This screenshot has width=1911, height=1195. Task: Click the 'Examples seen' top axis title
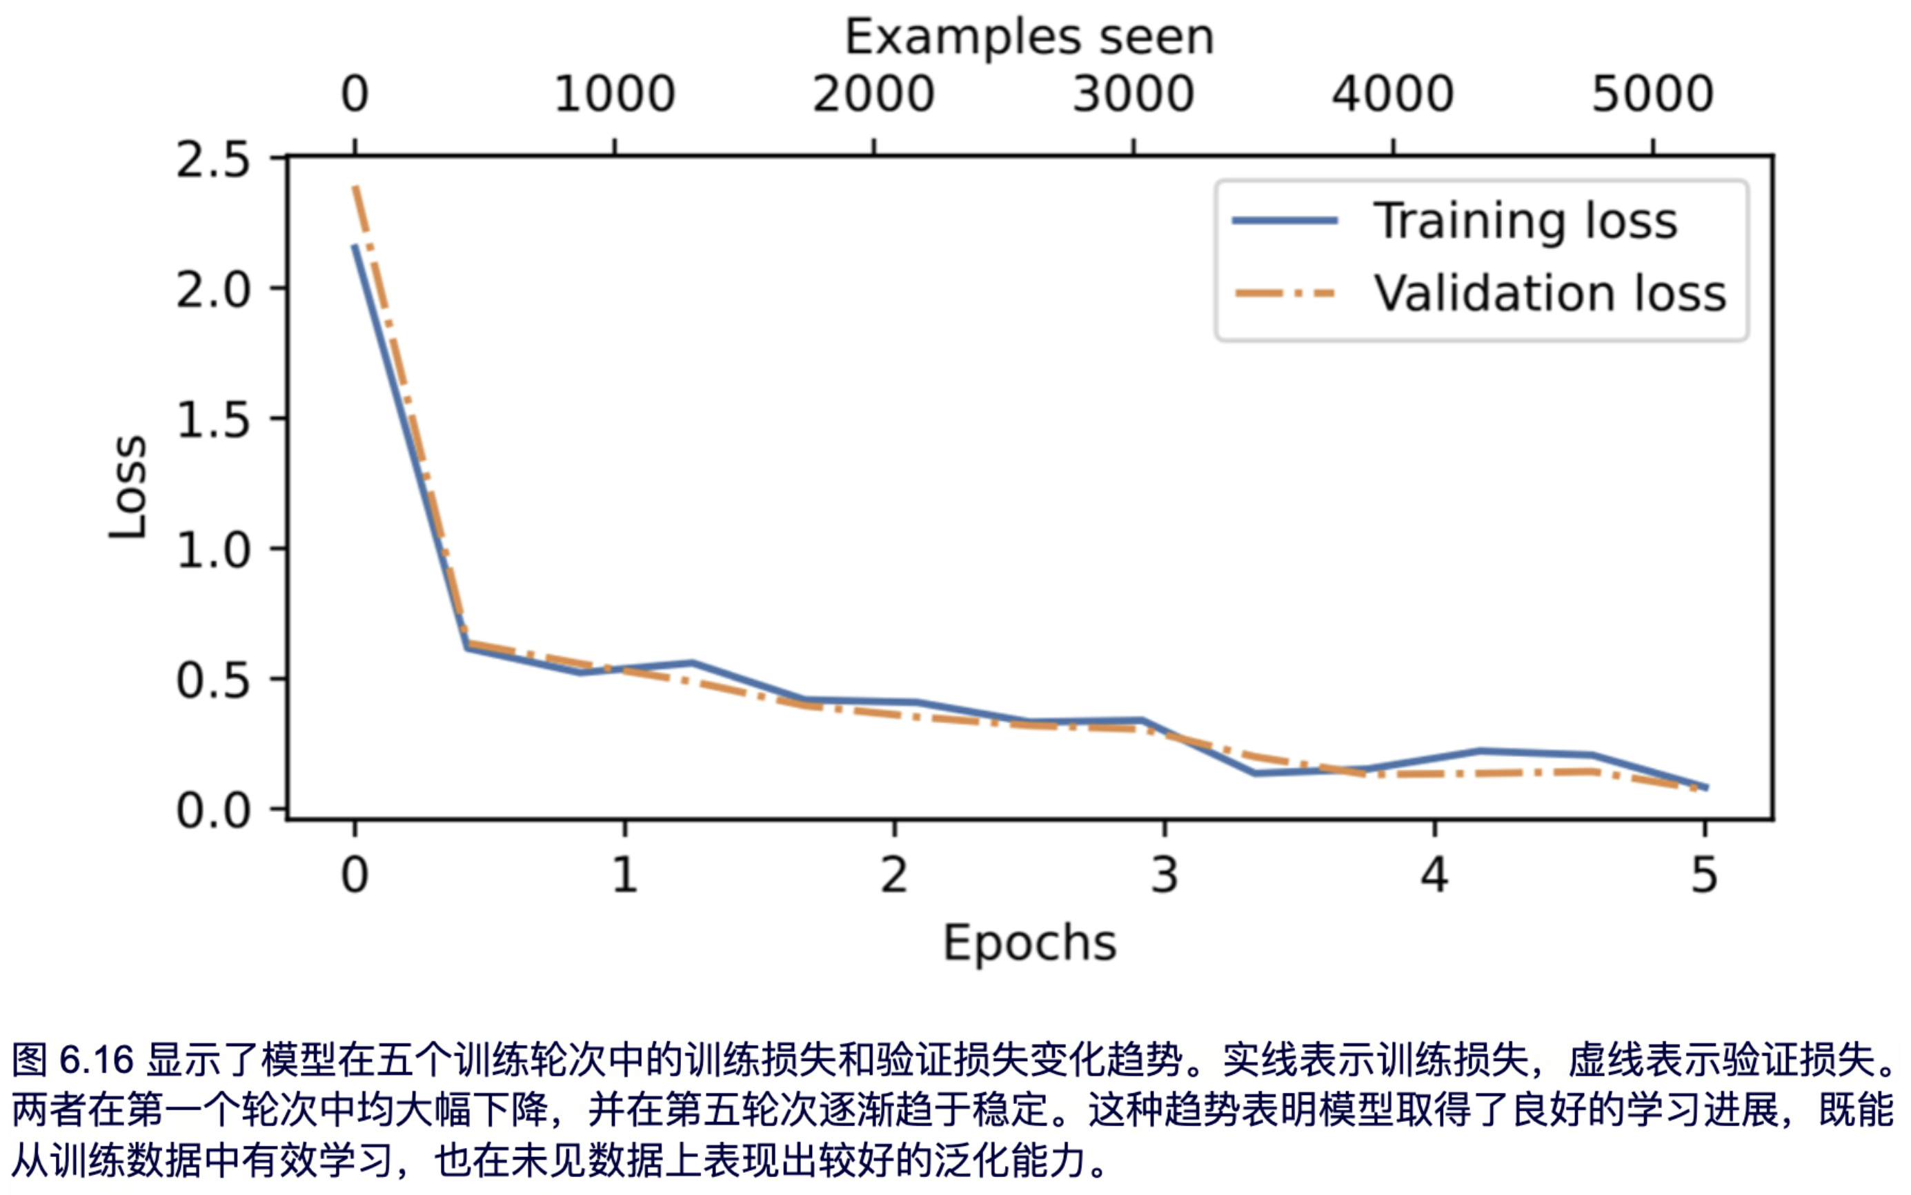1029,37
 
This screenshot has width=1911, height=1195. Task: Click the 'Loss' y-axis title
128,488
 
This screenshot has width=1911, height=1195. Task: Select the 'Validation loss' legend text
1549,293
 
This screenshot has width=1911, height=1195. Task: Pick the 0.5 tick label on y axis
212,680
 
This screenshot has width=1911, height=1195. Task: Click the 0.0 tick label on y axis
212,810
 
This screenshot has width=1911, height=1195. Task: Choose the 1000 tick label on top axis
614,94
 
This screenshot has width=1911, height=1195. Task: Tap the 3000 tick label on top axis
1133,94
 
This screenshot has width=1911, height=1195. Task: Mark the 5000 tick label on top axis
1652,94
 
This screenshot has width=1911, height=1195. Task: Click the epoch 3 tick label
1164,876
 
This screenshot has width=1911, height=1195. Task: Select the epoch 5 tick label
1705,876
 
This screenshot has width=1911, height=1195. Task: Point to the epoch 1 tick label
624,876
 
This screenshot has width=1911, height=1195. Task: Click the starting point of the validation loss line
355,187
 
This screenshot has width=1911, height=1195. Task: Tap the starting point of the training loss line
355,246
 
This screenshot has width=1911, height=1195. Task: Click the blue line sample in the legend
1285,221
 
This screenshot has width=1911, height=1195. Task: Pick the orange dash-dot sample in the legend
1285,294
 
